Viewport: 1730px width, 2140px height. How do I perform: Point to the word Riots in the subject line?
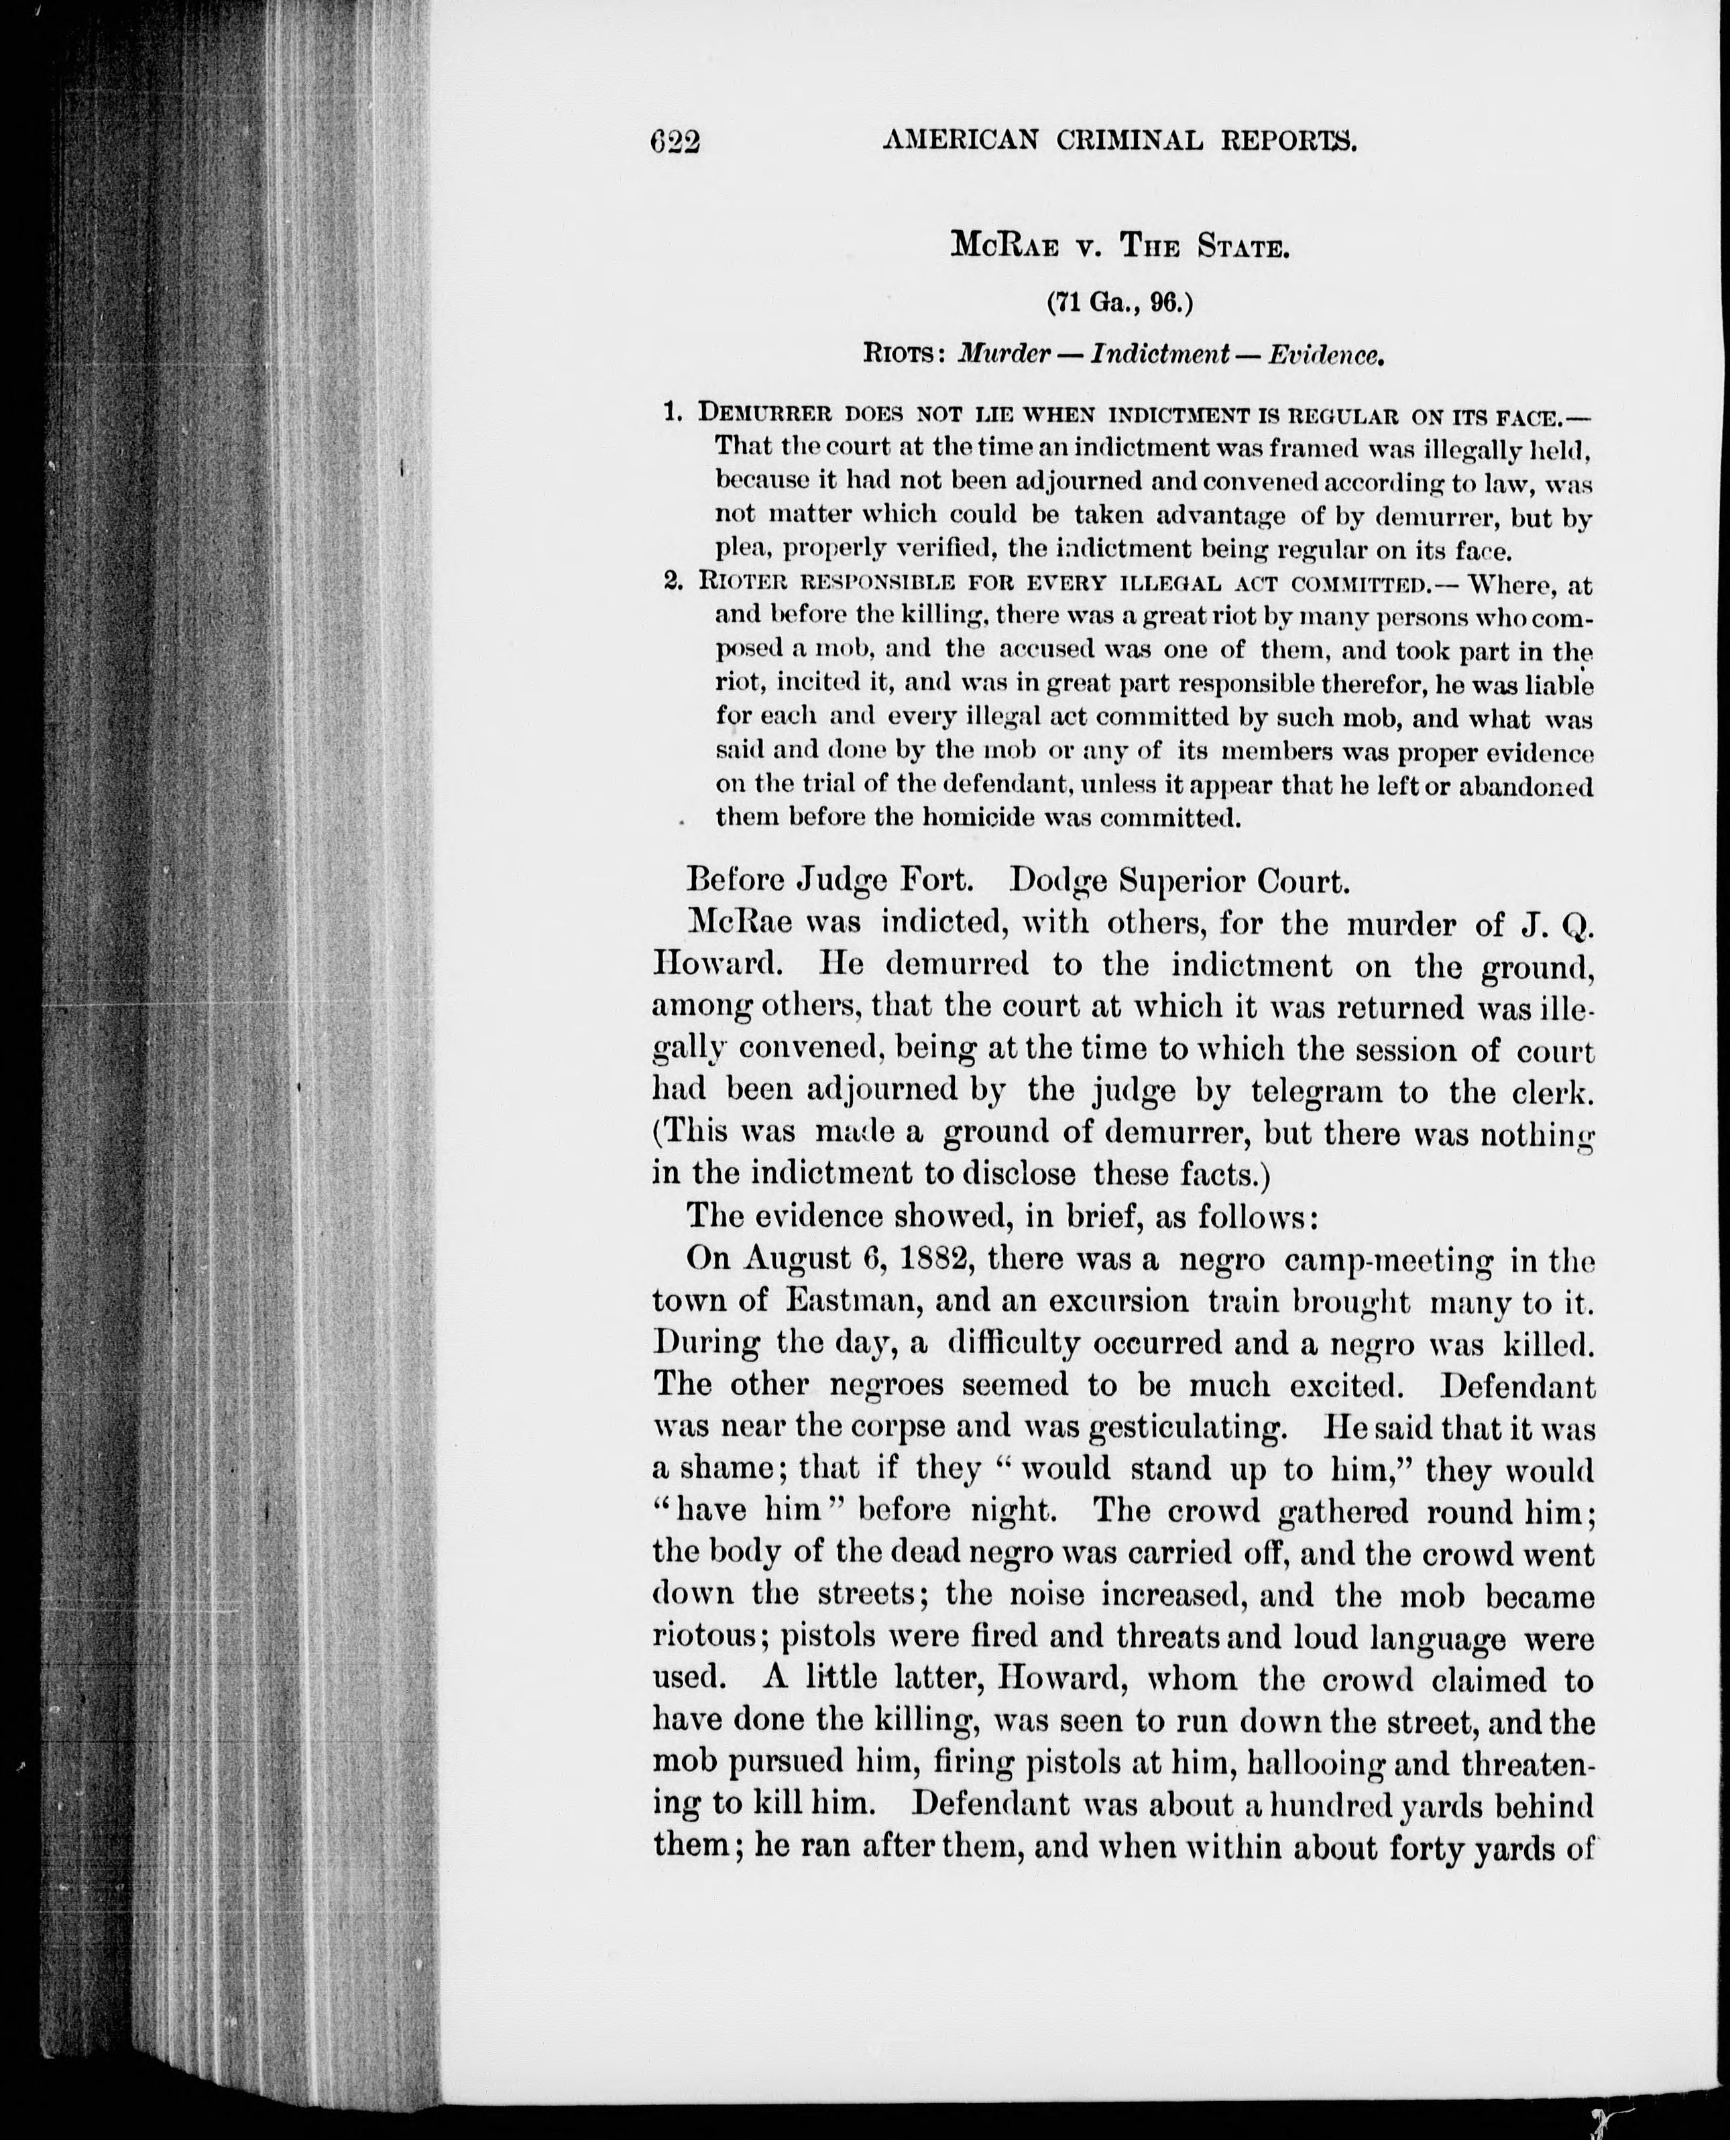[x=904, y=355]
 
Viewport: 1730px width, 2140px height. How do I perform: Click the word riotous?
[x=709, y=1638]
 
